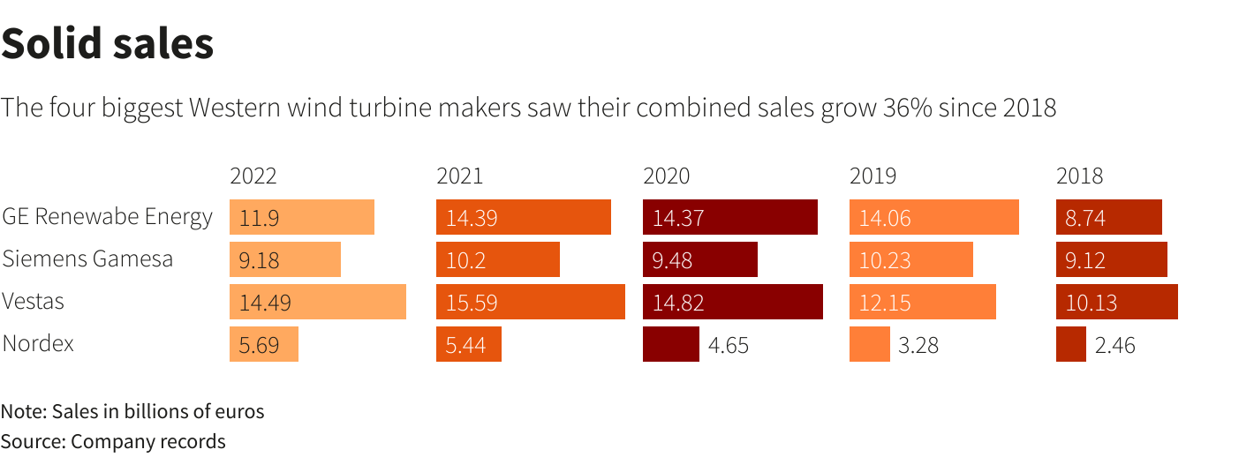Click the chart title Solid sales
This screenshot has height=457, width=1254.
click(x=107, y=44)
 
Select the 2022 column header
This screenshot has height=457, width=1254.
click(x=253, y=176)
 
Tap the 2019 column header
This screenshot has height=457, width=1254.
click(x=873, y=176)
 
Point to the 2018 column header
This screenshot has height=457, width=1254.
click(x=1079, y=176)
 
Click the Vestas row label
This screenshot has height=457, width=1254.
click(x=34, y=302)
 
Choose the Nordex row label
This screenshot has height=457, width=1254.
click(x=38, y=343)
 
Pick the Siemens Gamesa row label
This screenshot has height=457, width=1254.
click(x=87, y=259)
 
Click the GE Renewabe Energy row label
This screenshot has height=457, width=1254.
click(x=107, y=217)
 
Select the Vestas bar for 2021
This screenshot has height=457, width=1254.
click(x=530, y=302)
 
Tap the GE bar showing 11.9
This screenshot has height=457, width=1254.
click(x=301, y=217)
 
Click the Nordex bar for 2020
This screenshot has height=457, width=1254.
click(x=670, y=344)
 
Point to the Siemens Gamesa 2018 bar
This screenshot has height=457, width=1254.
click(x=1111, y=259)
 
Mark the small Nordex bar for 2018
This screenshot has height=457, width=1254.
click(x=1070, y=344)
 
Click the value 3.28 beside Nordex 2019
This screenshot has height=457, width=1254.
click(x=918, y=345)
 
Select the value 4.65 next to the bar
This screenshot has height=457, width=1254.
click(x=728, y=345)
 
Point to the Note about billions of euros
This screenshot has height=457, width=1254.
click(x=132, y=411)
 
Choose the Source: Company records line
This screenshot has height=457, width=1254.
click(x=113, y=441)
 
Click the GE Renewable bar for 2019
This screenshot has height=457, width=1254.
click(x=933, y=217)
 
